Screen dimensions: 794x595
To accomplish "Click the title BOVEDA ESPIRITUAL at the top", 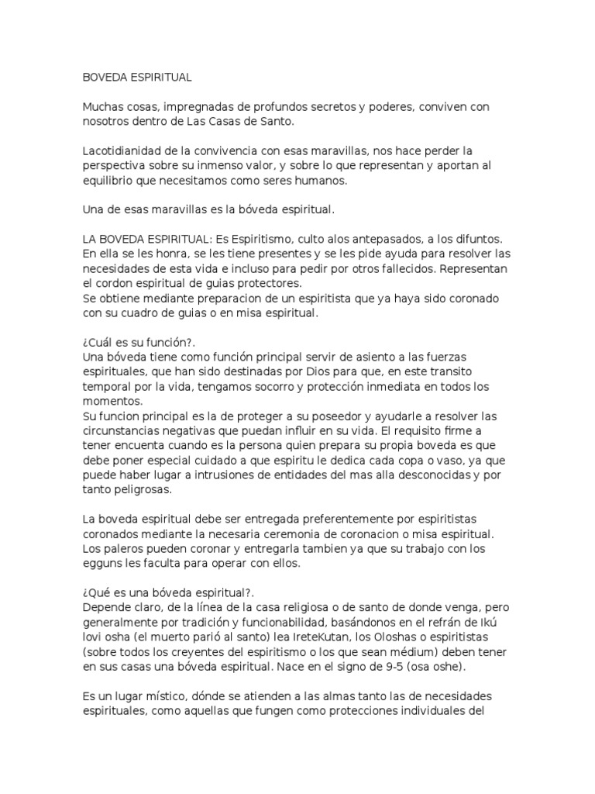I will coord(137,78).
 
